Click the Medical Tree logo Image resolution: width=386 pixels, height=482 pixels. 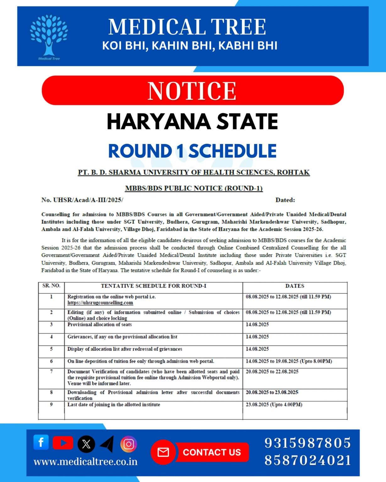(49, 36)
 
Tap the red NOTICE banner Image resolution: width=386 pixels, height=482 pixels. (193, 91)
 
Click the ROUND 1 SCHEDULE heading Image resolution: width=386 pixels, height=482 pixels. (192, 151)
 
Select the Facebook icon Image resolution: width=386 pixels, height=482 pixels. (41, 442)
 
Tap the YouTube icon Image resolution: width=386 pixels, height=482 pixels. (63, 443)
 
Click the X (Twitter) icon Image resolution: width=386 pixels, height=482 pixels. (86, 444)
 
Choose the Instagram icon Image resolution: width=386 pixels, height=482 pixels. (128, 444)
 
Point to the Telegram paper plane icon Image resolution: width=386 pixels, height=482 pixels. (107, 444)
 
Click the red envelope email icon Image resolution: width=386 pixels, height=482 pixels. (163, 452)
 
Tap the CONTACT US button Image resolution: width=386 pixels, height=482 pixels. (212, 452)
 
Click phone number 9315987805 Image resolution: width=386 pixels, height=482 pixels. (307, 443)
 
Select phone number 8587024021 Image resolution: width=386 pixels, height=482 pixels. (307, 460)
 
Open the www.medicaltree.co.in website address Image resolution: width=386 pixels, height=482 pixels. (85, 462)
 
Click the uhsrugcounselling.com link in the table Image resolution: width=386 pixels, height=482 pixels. (100, 303)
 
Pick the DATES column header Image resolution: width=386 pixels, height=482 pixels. (295, 286)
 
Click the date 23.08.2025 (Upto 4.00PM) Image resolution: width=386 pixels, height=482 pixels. (274, 405)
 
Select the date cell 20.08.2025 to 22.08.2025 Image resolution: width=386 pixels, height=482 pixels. (272, 372)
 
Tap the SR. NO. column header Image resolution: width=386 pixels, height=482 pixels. (51, 286)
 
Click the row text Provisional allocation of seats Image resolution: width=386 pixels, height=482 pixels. (100, 324)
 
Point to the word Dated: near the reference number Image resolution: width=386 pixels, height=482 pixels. (285, 200)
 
